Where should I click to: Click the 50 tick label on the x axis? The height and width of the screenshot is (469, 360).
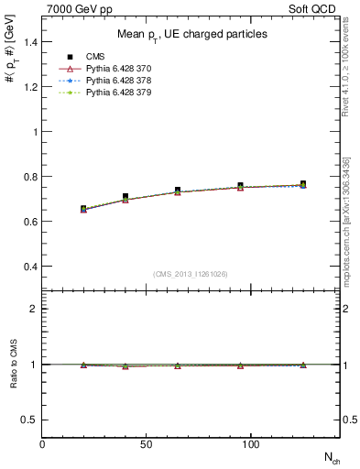pyautogui.click(x=146, y=443)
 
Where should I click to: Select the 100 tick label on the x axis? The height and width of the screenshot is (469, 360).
pyautogui.click(x=249, y=443)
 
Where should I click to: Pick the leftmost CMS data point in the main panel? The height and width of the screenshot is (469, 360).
pyautogui.click(x=83, y=209)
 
